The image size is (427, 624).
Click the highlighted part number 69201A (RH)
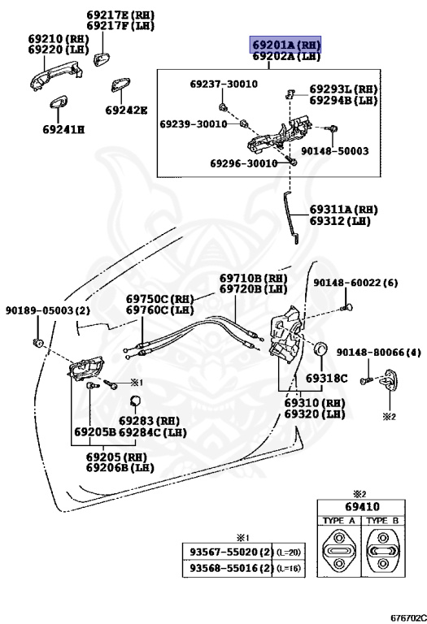coord(285,45)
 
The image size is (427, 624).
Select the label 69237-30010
coord(224,84)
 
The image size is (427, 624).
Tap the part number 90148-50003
coord(334,151)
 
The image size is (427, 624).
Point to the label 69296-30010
coord(244,163)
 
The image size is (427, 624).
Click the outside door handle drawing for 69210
coord(56,76)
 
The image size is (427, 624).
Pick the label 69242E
coord(126,110)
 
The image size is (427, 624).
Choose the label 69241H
coord(63,129)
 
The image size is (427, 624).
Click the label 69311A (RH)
coord(344,210)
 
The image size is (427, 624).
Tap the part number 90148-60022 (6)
coord(355,283)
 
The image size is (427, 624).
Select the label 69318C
coord(327,378)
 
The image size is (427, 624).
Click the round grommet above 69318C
coord(321,349)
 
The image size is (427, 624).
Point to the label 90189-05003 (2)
coord(48,310)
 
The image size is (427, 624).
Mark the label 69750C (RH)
coord(159,299)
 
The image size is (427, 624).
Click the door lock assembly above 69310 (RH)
coord(286,334)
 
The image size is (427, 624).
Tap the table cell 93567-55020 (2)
coord(228,552)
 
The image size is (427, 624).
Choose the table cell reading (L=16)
coord(289,568)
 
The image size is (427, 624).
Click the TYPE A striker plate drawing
coord(339,551)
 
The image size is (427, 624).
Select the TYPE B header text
coord(382,521)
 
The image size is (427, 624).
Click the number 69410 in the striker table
coord(362,507)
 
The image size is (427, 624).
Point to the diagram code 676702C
coord(408,618)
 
